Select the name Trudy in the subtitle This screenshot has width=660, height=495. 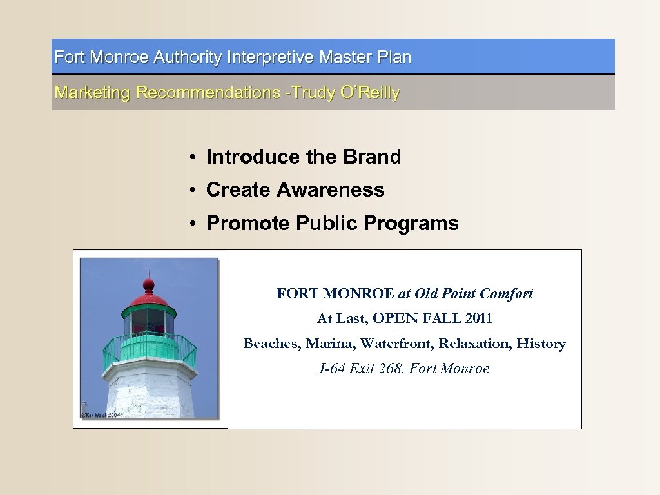pyautogui.click(x=313, y=93)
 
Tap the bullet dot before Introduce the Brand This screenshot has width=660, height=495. pyautogui.click(x=193, y=158)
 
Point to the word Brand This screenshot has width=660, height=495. pyautogui.click(x=372, y=157)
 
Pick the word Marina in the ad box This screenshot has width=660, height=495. pyautogui.click(x=331, y=344)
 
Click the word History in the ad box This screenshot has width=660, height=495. pyautogui.click(x=541, y=344)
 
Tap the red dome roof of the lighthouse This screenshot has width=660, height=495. pyautogui.click(x=148, y=300)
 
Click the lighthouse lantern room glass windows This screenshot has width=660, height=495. pyautogui.click(x=148, y=320)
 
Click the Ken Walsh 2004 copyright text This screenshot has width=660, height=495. pyautogui.click(x=101, y=415)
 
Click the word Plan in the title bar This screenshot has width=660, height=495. pyautogui.click(x=394, y=57)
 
